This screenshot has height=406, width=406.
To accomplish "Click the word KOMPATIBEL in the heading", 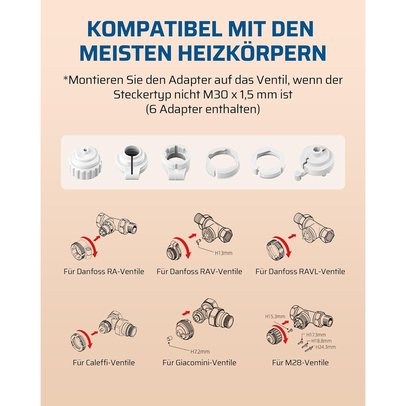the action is pyautogui.click(x=155, y=29).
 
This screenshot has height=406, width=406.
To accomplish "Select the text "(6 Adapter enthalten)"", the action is pyautogui.click(x=203, y=109).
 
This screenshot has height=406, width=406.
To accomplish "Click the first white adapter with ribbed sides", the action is pyautogui.click(x=85, y=162).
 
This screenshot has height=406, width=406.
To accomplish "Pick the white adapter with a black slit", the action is pyautogui.click(x=132, y=162).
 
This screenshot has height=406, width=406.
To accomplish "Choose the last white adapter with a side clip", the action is pyautogui.click(x=314, y=162).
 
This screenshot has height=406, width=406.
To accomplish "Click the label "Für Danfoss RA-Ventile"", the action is pyautogui.click(x=104, y=271).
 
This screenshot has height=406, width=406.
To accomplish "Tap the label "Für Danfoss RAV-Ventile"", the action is pyautogui.click(x=200, y=271).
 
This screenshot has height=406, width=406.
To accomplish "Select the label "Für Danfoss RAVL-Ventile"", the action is pyautogui.click(x=300, y=271).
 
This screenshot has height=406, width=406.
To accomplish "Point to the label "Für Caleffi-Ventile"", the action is pyautogui.click(x=104, y=362).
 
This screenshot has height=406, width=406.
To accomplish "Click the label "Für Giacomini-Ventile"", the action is pyautogui.click(x=200, y=362).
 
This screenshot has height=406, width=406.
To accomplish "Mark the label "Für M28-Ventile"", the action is pyautogui.click(x=300, y=362).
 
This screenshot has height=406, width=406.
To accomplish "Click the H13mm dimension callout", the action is pyautogui.click(x=223, y=253).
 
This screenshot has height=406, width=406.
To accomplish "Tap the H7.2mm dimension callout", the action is pyautogui.click(x=200, y=351).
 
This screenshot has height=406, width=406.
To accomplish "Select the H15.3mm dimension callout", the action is pyautogui.click(x=275, y=317).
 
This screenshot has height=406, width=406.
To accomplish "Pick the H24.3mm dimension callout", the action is pyautogui.click(x=325, y=347).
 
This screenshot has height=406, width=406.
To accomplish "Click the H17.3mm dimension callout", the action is pyautogui.click(x=316, y=335).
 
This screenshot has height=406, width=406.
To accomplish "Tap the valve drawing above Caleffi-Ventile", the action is pyautogui.click(x=118, y=326).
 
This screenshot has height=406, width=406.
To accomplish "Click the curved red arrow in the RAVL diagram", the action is pyautogui.click(x=285, y=245).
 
